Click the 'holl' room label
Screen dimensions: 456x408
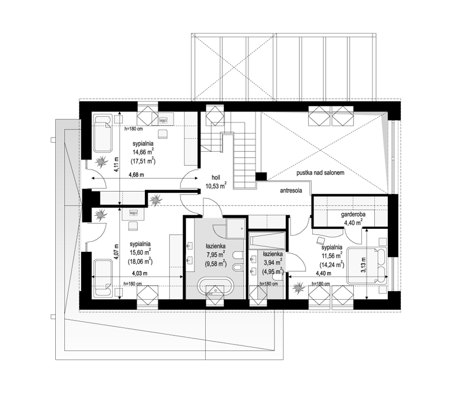pyautogui.click(x=216, y=178)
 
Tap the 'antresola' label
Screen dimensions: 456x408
pyautogui.click(x=291, y=191)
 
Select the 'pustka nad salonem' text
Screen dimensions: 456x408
pyautogui.click(x=321, y=173)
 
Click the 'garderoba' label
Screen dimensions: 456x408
pyautogui.click(x=353, y=215)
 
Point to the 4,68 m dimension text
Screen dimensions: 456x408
pyautogui.click(x=136, y=175)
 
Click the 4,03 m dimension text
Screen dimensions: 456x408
pyautogui.click(x=140, y=273)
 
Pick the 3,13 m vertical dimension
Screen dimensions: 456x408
pyautogui.click(x=362, y=265)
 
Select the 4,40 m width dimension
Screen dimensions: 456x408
pyautogui.click(x=324, y=273)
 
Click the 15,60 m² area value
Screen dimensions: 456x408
pyautogui.click(x=140, y=252)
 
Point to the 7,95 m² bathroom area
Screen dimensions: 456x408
pyautogui.click(x=216, y=255)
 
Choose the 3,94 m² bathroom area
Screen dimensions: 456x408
pyautogui.click(x=273, y=263)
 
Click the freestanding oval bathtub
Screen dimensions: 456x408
pyautogui.click(x=215, y=286)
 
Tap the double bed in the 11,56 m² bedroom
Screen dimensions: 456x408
pyautogui.click(x=366, y=265)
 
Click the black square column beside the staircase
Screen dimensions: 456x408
pyautogui.click(x=261, y=176)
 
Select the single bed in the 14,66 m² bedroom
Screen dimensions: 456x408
pyautogui.click(x=103, y=133)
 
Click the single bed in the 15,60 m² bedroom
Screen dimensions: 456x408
pyautogui.click(x=103, y=278)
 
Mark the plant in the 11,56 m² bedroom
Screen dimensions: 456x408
pyautogui.click(x=298, y=289)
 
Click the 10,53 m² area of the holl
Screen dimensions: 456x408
pyautogui.click(x=216, y=185)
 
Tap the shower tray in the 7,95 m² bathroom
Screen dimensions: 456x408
pyautogui.click(x=236, y=229)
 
